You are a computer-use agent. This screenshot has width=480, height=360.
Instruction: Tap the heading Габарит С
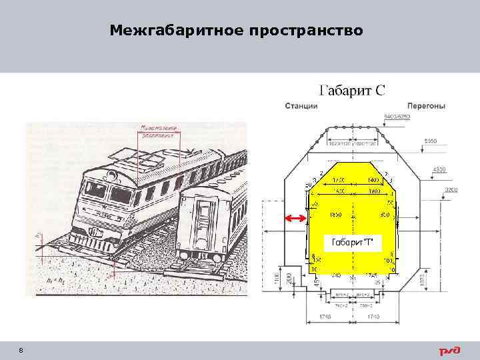pyautogui.click(x=353, y=91)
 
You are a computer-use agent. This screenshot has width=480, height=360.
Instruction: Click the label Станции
pyautogui.click(x=301, y=106)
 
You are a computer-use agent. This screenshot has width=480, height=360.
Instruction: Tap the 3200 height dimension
pyautogui.click(x=453, y=189)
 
